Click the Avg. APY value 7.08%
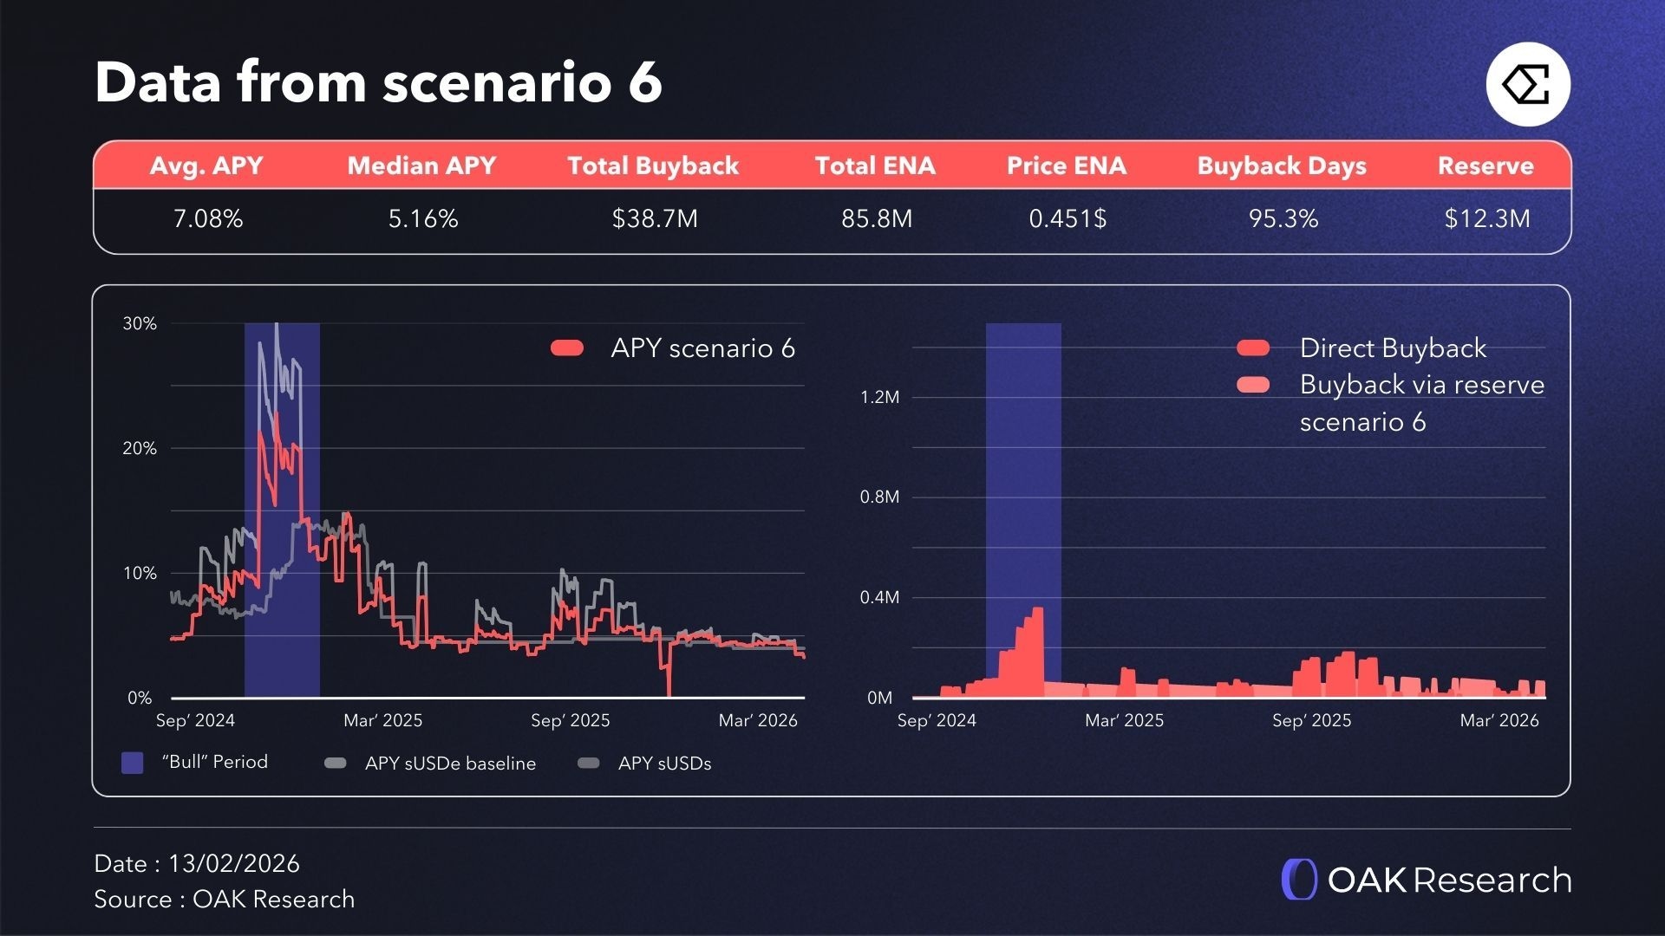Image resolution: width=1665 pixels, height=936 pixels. [x=208, y=218]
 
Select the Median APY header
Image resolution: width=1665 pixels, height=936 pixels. [x=421, y=166]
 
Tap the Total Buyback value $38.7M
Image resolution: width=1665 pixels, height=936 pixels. [x=655, y=218]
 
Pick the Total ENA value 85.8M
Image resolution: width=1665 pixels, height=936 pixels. [x=877, y=218]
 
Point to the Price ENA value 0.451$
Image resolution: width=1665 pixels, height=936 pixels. [x=1068, y=218]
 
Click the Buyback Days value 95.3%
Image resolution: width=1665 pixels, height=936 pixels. [x=1283, y=218]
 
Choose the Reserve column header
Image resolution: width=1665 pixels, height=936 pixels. [x=1485, y=166]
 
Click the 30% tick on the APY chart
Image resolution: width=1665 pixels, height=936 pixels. [x=140, y=323]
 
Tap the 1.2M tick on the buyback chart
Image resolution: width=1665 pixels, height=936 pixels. [x=879, y=397]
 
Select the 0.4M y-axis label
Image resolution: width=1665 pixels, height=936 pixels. [x=879, y=597]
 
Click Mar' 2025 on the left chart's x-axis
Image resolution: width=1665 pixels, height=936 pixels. [x=382, y=720]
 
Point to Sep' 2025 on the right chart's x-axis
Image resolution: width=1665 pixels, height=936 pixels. [x=1311, y=720]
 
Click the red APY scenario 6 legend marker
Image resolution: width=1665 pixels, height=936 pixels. [x=567, y=348]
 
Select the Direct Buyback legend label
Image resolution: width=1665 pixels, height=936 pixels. [x=1393, y=348]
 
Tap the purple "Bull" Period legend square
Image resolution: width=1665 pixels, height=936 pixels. [x=132, y=763]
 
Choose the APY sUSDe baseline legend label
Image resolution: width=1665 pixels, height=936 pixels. [x=450, y=764]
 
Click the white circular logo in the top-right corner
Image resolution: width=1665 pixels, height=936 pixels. [x=1528, y=85]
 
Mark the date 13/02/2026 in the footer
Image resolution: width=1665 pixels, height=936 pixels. [x=233, y=863]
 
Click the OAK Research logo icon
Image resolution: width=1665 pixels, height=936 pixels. [x=1299, y=880]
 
